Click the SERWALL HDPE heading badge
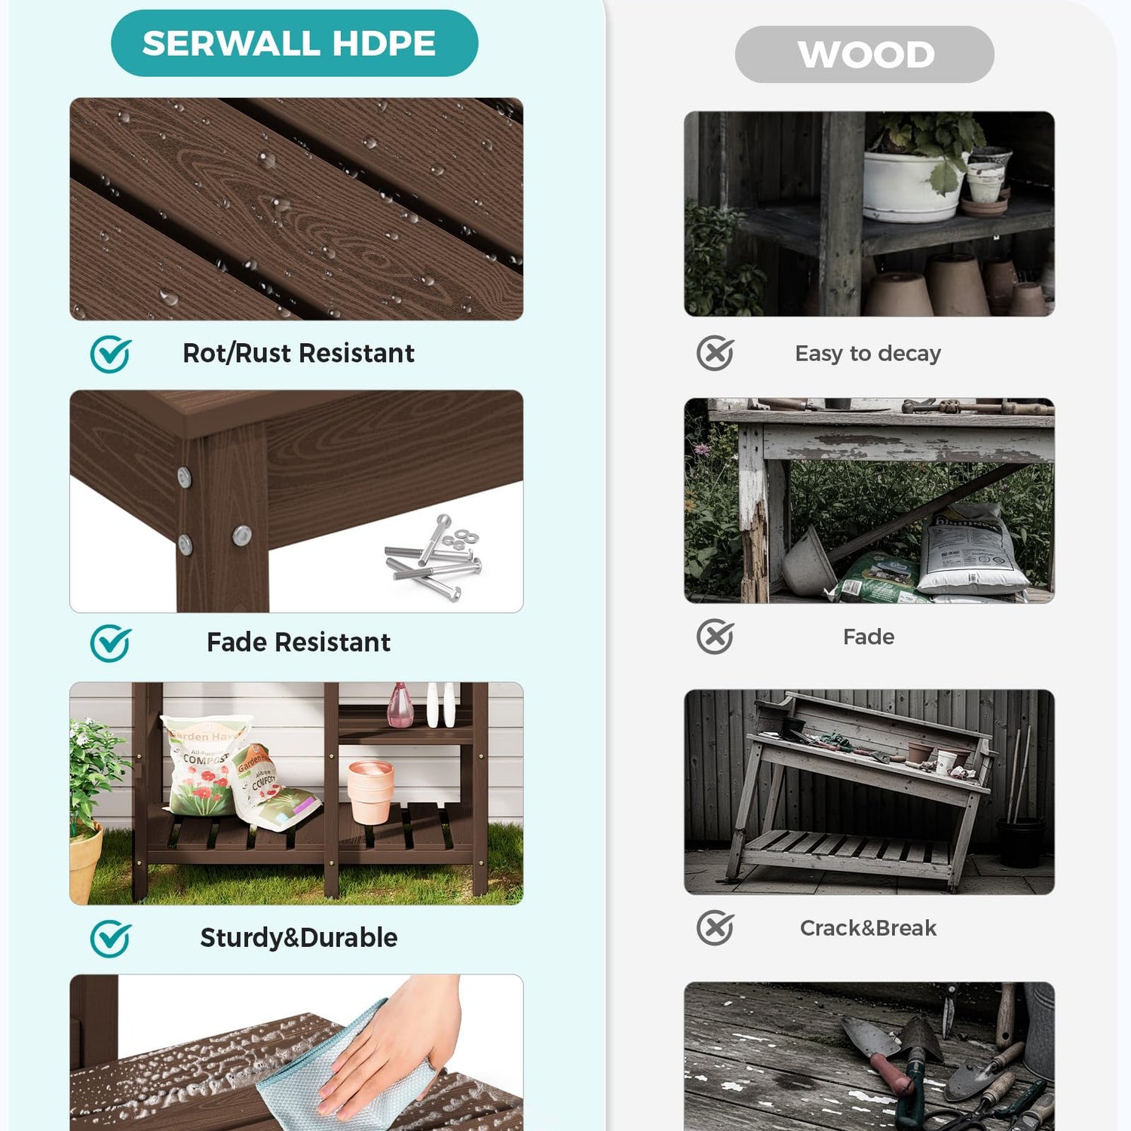click(294, 43)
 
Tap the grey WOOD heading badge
click(865, 54)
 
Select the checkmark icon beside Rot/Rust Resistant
click(111, 354)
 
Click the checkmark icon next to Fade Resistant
click(111, 643)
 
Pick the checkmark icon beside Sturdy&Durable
click(111, 939)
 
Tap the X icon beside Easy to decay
click(715, 353)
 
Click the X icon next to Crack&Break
click(715, 927)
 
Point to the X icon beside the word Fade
click(715, 637)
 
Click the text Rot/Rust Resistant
click(299, 353)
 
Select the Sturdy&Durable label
click(299, 937)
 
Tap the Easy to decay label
click(868, 354)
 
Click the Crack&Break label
click(868, 927)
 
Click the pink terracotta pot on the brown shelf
click(370, 792)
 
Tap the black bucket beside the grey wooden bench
click(1020, 841)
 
